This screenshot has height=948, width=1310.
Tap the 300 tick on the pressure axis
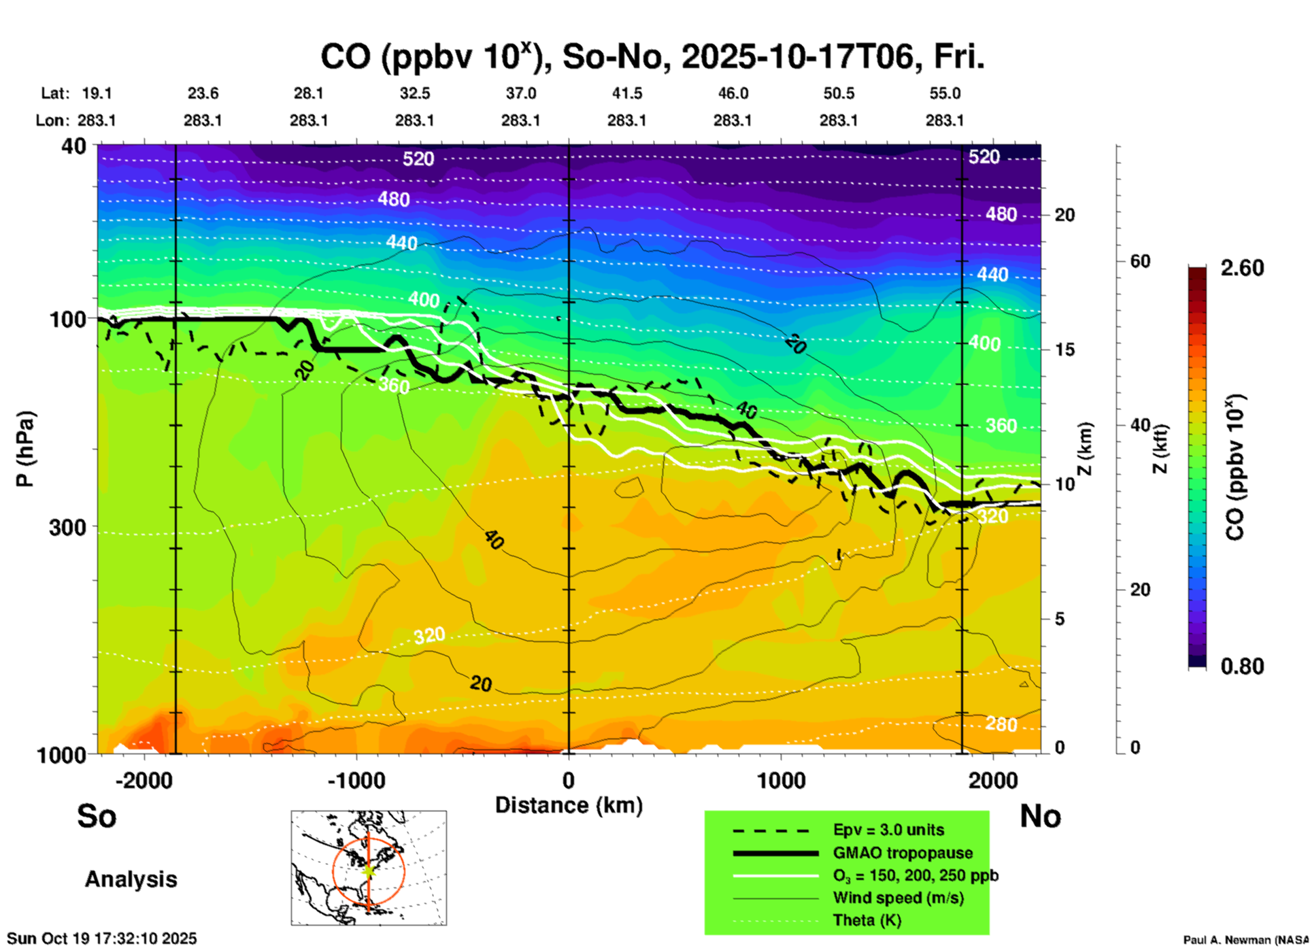tap(68, 527)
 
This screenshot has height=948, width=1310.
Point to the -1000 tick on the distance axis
tap(356, 780)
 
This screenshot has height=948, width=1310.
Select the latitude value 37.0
tap(520, 93)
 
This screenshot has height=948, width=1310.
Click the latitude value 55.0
tap(944, 93)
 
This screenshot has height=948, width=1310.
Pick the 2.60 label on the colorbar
tap(1242, 268)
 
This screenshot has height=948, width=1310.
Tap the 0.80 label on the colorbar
tap(1242, 666)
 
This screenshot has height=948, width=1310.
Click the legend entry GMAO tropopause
tap(903, 853)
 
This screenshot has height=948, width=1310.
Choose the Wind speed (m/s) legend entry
tap(898, 898)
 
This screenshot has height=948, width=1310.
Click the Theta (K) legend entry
tap(867, 920)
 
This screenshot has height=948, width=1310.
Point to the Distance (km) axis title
tap(569, 805)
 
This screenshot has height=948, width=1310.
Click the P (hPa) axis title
tap(24, 449)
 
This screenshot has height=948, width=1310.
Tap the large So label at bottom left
tap(97, 816)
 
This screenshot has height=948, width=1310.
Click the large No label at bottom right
tap(1040, 816)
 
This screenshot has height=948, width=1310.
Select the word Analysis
tap(131, 879)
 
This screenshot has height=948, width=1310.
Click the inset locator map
tap(369, 868)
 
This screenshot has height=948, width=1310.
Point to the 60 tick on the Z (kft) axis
tap(1140, 261)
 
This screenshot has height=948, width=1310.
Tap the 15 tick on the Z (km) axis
tap(1064, 350)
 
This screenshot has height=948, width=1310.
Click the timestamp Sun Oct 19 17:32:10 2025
tap(102, 938)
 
